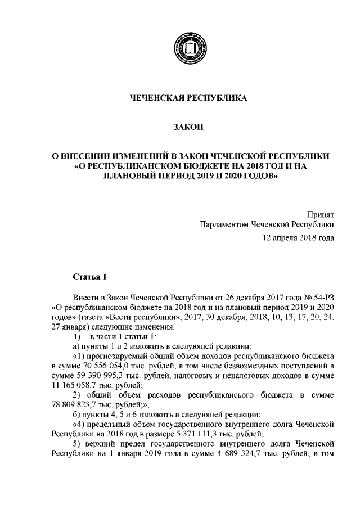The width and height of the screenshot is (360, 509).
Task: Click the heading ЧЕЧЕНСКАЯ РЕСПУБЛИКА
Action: click(x=188, y=98)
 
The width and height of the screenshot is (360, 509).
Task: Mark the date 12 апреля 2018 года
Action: click(x=299, y=237)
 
